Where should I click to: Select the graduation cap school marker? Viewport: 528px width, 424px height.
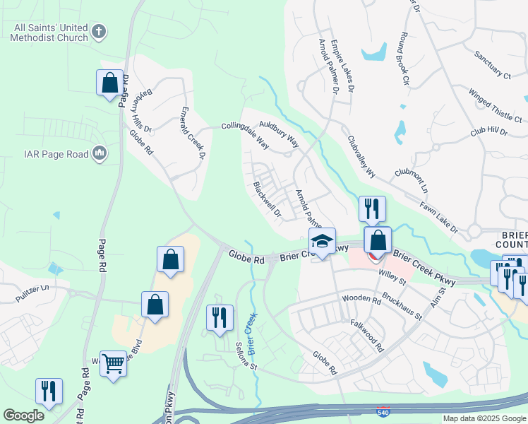point(322,242)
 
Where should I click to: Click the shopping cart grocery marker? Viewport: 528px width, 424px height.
point(113,364)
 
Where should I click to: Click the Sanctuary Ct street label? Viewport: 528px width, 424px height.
point(492,64)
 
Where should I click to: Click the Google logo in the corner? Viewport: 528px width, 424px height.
point(23,416)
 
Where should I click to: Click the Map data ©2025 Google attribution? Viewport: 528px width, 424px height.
point(484,418)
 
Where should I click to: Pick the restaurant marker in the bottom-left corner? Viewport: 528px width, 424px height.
point(49,391)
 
